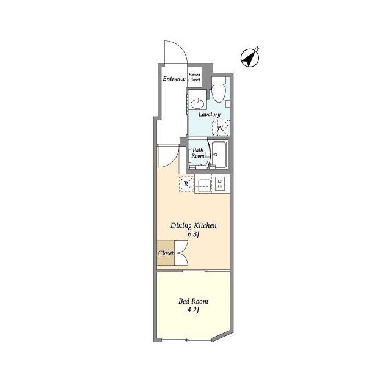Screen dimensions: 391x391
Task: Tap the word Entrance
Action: pyautogui.click(x=174, y=78)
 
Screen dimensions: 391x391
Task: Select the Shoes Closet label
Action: pyautogui.click(x=194, y=76)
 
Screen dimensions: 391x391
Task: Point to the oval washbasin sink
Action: pyautogui.click(x=197, y=102)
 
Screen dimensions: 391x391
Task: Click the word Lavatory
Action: pyautogui.click(x=209, y=114)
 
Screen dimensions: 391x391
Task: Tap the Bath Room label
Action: pyautogui.click(x=198, y=153)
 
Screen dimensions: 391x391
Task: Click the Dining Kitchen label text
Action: pyautogui.click(x=194, y=225)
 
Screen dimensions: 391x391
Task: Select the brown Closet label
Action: pyautogui.click(x=166, y=253)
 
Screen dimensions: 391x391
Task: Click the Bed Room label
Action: pyautogui.click(x=193, y=301)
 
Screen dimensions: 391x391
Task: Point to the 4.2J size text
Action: pyautogui.click(x=194, y=310)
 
